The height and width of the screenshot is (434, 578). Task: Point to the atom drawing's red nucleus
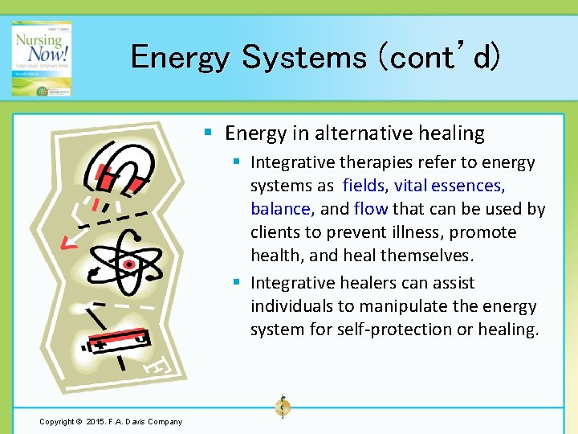[x=127, y=263]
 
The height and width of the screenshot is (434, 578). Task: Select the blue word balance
[x=282, y=209]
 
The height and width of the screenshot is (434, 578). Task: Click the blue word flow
[x=370, y=209]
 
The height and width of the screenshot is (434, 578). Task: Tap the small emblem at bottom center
[x=282, y=406]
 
